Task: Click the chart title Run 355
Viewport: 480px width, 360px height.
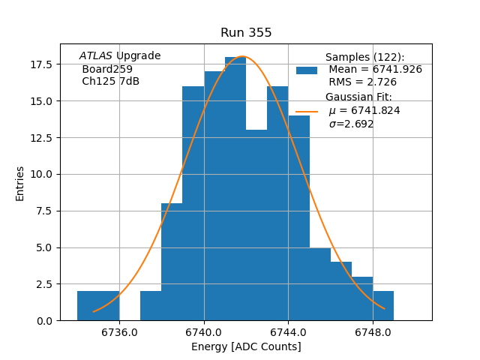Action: [246, 33]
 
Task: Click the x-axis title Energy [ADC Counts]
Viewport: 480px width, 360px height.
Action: [246, 346]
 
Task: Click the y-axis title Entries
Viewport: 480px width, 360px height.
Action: [20, 183]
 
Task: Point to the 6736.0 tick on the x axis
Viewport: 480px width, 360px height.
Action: [119, 332]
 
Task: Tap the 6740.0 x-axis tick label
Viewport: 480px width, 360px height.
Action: [204, 332]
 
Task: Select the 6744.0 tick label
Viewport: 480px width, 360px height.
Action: [289, 332]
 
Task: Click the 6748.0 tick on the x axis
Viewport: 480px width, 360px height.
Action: [373, 332]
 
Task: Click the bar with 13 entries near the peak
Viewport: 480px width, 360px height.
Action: [256, 225]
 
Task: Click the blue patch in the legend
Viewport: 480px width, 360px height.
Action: [307, 70]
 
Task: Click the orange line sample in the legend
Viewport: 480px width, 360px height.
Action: [307, 111]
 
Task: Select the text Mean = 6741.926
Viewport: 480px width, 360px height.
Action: [375, 69]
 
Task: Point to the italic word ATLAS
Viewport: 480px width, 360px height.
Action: [96, 56]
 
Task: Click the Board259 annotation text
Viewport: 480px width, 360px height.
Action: [107, 69]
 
